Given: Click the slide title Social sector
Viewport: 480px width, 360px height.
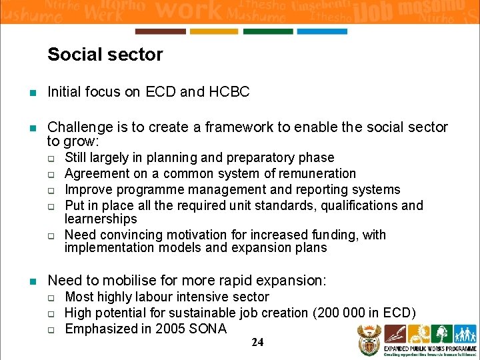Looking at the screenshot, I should [105, 55].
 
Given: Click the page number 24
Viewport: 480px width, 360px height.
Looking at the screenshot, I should [258, 343].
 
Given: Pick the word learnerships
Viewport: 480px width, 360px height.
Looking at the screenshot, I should [101, 219].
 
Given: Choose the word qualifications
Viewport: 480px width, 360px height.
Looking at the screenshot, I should [361, 205].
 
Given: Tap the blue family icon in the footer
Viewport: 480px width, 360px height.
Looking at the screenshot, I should [465, 334].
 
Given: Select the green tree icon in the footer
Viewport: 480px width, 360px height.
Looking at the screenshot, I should [441, 334].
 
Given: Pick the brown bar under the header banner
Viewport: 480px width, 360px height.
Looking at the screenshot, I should [160, 31].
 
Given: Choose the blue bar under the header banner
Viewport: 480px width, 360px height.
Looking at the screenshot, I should [322, 31].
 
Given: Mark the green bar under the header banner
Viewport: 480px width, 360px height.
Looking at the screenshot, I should [268, 31].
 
